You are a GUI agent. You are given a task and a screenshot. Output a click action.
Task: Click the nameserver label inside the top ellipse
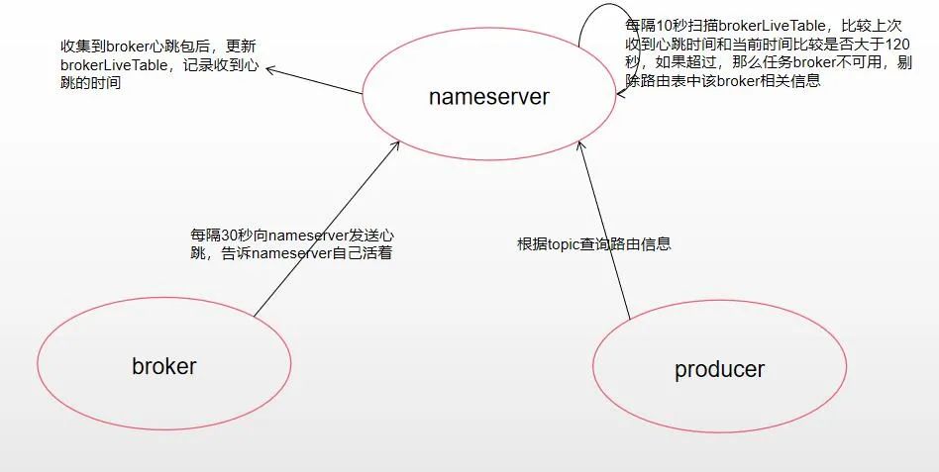coord(488,97)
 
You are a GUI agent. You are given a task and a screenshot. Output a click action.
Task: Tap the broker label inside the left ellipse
coord(164,366)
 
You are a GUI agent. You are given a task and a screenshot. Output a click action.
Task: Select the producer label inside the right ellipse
coord(719,370)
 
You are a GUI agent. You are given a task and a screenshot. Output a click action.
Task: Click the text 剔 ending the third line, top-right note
coord(904,63)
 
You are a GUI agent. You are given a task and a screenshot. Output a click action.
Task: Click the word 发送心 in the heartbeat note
coord(373,236)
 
